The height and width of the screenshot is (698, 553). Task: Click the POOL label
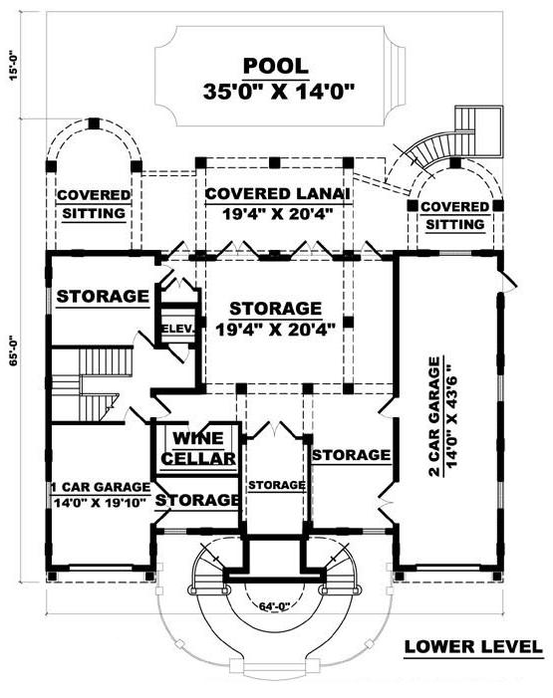[276, 66]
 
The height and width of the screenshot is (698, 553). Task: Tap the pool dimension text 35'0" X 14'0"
[279, 92]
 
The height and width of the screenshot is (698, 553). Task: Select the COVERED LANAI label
[277, 193]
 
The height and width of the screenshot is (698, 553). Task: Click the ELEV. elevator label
[177, 329]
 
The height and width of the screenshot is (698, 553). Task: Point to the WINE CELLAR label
[198, 448]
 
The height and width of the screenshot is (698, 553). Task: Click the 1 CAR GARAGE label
[101, 487]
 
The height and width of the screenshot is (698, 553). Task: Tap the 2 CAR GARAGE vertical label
[434, 416]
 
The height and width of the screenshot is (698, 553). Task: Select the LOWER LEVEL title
[473, 646]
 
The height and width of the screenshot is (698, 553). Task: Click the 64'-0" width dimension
[274, 605]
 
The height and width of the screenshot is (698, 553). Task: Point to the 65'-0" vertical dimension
[14, 349]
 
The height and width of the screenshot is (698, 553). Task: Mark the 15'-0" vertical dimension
[14, 65]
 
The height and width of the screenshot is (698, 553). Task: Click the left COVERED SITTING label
[94, 204]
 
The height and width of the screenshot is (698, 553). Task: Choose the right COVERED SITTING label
[455, 215]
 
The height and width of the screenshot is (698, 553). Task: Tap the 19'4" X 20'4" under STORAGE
[275, 330]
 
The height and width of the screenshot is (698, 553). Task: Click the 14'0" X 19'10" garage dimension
[101, 503]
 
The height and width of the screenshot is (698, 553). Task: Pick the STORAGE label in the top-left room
[103, 296]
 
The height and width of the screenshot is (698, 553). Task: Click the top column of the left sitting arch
[94, 123]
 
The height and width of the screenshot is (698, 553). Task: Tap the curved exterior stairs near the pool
[441, 147]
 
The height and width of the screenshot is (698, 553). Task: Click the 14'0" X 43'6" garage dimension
[451, 416]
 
